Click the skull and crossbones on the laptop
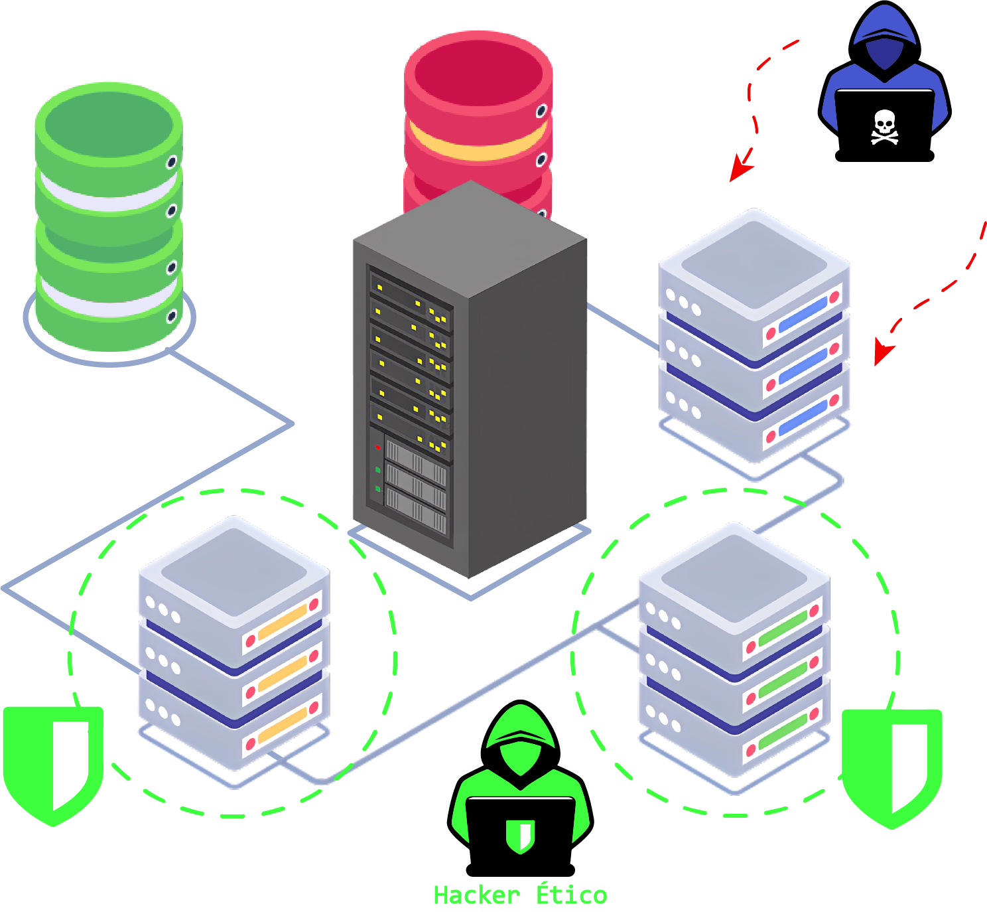pyautogui.click(x=884, y=127)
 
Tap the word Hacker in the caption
pyautogui.click(x=476, y=895)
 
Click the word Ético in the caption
pyautogui.click(x=571, y=895)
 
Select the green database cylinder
pyautogui.click(x=109, y=219)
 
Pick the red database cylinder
pyautogui.click(x=478, y=113)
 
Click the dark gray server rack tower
pyautogui.click(x=469, y=385)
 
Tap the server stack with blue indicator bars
pyautogui.click(x=755, y=339)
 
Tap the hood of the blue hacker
pyautogui.click(x=885, y=33)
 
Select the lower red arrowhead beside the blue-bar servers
pyautogui.click(x=882, y=352)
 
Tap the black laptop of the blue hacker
pyautogui.click(x=884, y=126)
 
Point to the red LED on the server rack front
pyautogui.click(x=377, y=447)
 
